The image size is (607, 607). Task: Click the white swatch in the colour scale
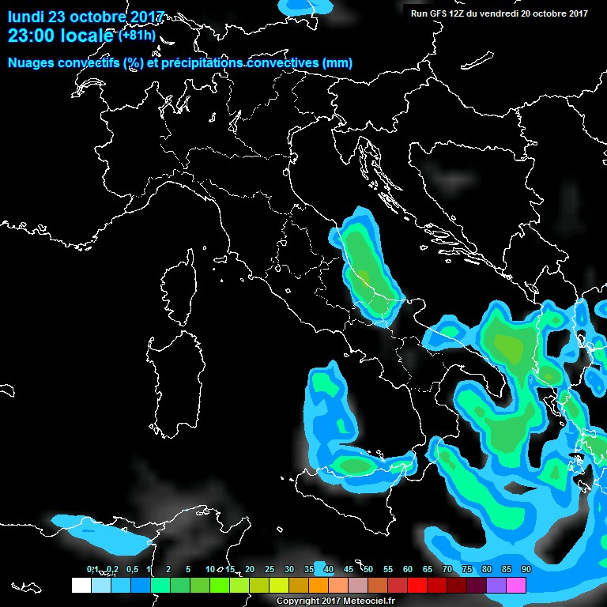pos(81,585)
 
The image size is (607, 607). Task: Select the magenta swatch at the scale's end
pos(516,585)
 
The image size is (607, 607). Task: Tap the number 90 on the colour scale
pos(526,569)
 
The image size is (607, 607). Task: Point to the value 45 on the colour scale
pos(349,569)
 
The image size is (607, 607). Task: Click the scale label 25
pos(270,569)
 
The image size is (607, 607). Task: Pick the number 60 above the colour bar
pos(408,569)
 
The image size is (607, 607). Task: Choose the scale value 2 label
pos(168,569)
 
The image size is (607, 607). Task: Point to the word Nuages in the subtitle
pos(32,63)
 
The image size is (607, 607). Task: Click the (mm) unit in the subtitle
pos(337,63)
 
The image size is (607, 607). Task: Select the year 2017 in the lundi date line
pos(145,17)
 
